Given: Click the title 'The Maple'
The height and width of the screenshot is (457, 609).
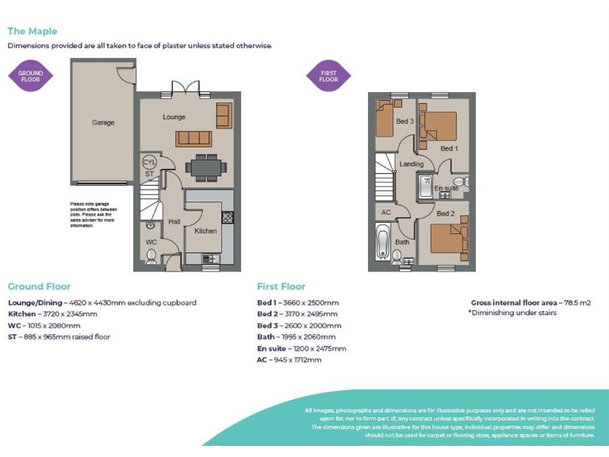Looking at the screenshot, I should (x=33, y=31).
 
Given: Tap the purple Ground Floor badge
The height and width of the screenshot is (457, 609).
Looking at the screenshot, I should (x=31, y=77).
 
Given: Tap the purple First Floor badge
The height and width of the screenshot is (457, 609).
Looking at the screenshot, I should (x=328, y=77).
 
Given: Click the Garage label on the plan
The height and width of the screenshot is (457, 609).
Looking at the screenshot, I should (x=103, y=123).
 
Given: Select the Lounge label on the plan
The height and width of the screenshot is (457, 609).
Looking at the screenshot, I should (x=174, y=117).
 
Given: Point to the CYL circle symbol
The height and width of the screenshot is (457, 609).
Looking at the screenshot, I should (x=149, y=162).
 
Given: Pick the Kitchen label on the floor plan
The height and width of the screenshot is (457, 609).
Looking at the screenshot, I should (x=205, y=231).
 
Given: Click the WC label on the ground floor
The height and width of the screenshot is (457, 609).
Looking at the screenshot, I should (x=151, y=242).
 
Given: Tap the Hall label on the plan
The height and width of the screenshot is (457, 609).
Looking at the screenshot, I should (x=174, y=222).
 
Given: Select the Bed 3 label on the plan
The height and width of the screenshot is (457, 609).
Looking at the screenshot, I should (x=404, y=121).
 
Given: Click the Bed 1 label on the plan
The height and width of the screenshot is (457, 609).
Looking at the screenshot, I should (x=448, y=148).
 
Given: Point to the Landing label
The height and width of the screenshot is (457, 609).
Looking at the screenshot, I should (x=412, y=164).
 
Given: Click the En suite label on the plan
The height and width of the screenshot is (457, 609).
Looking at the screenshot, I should (x=446, y=188).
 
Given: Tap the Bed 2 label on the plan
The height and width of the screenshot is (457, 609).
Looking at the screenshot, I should (x=445, y=213).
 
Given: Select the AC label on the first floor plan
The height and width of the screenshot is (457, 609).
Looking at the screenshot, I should (x=386, y=213).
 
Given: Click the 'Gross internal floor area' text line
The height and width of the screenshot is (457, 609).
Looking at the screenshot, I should (x=530, y=303).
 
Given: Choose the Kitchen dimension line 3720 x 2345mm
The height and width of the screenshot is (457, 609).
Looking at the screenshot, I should (x=52, y=314).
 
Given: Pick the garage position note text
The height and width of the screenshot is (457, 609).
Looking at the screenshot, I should (x=94, y=214).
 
